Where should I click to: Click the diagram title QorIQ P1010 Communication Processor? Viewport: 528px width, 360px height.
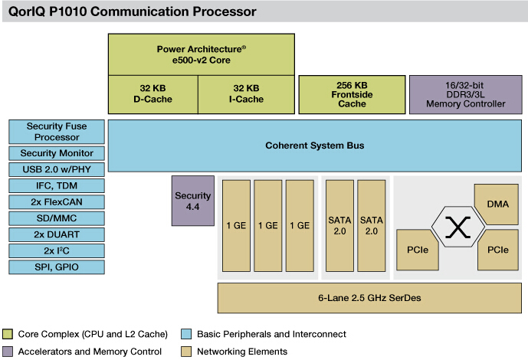[130, 11]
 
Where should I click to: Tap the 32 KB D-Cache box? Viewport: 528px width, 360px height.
[153, 93]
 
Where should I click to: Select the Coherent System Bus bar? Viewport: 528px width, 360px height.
[314, 145]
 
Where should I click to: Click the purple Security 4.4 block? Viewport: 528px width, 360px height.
[192, 201]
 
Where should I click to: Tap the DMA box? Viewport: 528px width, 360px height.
[497, 203]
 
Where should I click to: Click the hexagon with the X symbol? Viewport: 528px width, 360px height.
[457, 227]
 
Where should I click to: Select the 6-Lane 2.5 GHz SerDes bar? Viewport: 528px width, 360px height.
[364, 297]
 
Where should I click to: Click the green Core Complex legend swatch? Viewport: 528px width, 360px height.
[9, 334]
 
